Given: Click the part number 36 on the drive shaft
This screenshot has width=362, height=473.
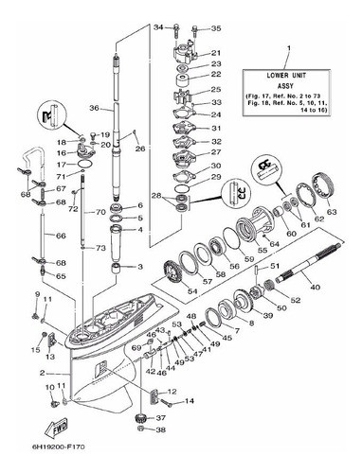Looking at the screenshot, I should pyautogui.click(x=95, y=109).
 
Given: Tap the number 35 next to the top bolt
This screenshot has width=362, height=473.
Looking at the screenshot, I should pyautogui.click(x=216, y=28).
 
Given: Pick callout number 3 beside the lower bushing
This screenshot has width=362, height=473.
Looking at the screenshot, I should pyautogui.click(x=139, y=268).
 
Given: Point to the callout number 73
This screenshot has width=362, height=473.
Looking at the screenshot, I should pyautogui.click(x=101, y=247).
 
